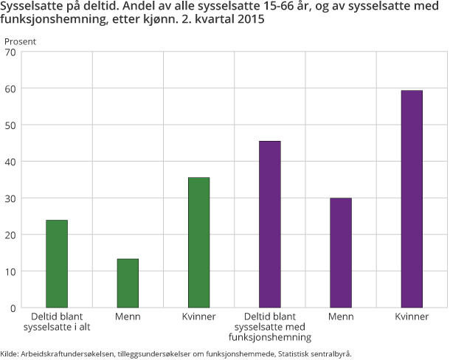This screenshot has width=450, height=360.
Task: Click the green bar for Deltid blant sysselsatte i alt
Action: point(57,263)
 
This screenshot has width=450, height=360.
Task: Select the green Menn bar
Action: point(128,283)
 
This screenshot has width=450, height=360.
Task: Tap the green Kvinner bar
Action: point(198,242)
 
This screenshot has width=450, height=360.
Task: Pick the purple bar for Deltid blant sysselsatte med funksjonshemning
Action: point(270,224)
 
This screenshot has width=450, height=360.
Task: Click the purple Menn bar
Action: point(341,252)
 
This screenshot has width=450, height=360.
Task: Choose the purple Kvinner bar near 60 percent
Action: point(412,198)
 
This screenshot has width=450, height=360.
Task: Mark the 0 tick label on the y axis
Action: point(12,307)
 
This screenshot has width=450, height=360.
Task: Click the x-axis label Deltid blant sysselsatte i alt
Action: point(57,321)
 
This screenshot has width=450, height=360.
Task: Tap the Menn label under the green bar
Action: point(128,316)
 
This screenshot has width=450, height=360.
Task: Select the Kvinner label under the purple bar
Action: point(412,316)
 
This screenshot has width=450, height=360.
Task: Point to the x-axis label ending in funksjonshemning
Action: point(270,337)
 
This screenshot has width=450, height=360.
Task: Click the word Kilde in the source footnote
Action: point(11,353)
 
